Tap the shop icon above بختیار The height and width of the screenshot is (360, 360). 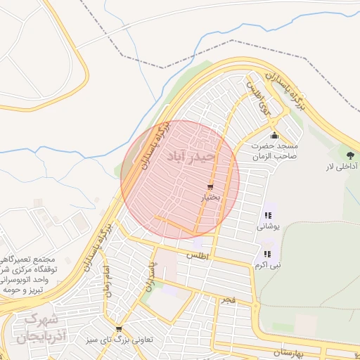(210, 187)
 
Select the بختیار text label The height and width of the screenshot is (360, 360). (210, 198)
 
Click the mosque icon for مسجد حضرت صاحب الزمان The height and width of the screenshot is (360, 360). (274, 136)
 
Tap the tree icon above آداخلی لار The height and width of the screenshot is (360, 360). (350, 155)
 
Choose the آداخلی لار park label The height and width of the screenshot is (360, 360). (342, 167)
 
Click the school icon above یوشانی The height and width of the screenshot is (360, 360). (267, 216)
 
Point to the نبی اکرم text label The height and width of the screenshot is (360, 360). (266, 265)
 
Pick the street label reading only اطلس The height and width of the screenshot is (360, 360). (198, 257)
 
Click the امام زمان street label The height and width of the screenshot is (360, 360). (106, 281)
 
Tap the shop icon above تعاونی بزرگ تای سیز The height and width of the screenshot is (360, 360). (118, 328)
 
